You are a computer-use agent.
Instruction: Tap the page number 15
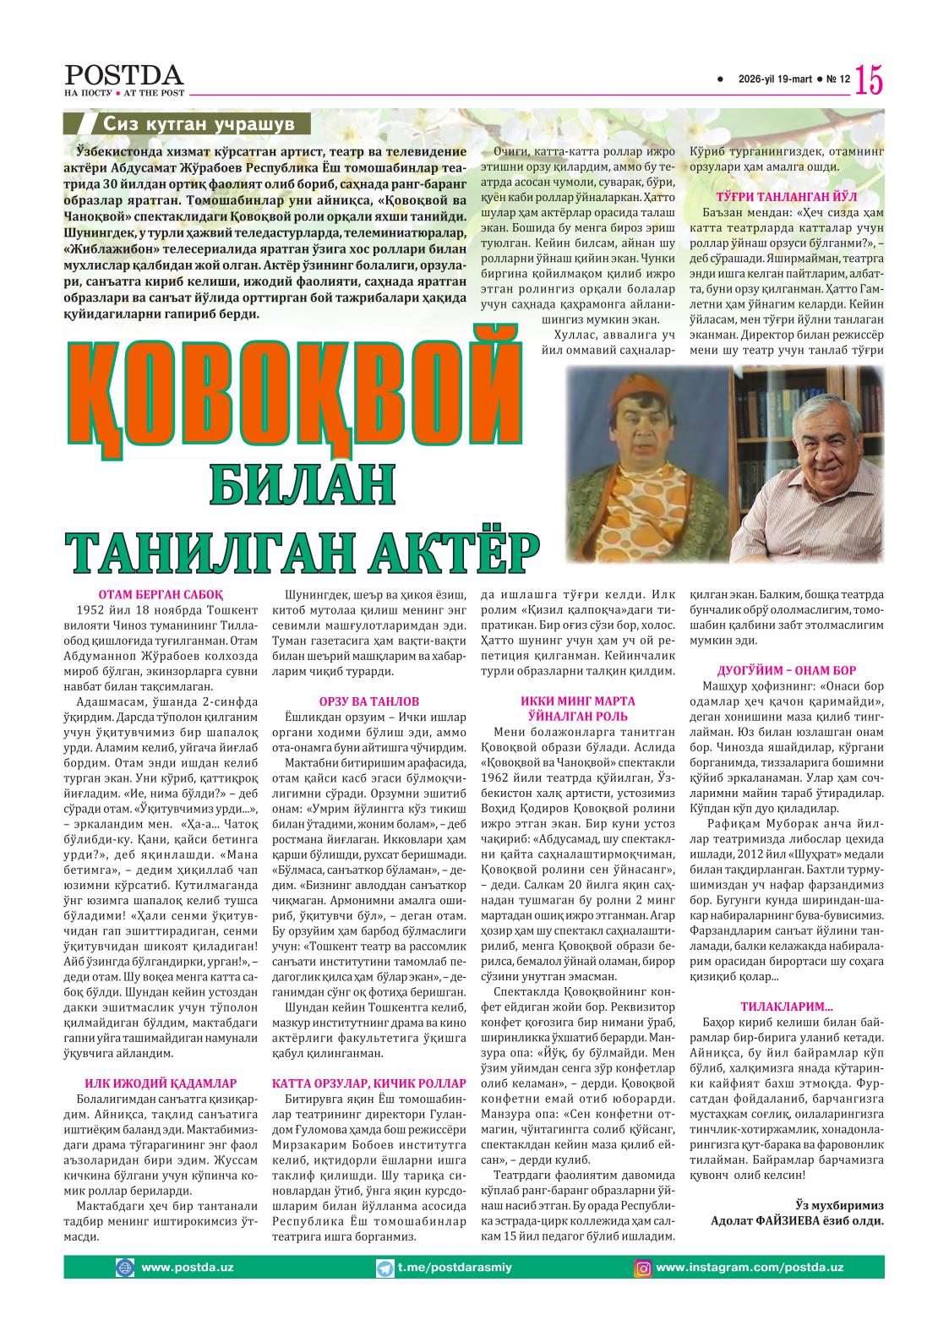[x=869, y=80]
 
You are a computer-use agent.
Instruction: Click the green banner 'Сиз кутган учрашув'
[x=198, y=123]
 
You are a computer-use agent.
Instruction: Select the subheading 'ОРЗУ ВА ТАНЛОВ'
[x=368, y=701]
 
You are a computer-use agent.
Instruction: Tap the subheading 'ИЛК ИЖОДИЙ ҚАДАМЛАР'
[x=161, y=1083]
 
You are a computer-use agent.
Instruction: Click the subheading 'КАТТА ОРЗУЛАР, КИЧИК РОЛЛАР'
[x=368, y=1083]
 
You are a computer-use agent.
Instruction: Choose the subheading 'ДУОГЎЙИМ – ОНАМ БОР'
[x=786, y=670]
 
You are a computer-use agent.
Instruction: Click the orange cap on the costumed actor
[x=633, y=396]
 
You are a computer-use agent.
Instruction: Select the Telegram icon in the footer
[x=385, y=1268]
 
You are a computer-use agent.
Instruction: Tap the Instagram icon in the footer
[x=643, y=1268]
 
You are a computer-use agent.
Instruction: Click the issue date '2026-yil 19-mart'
[x=774, y=79]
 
